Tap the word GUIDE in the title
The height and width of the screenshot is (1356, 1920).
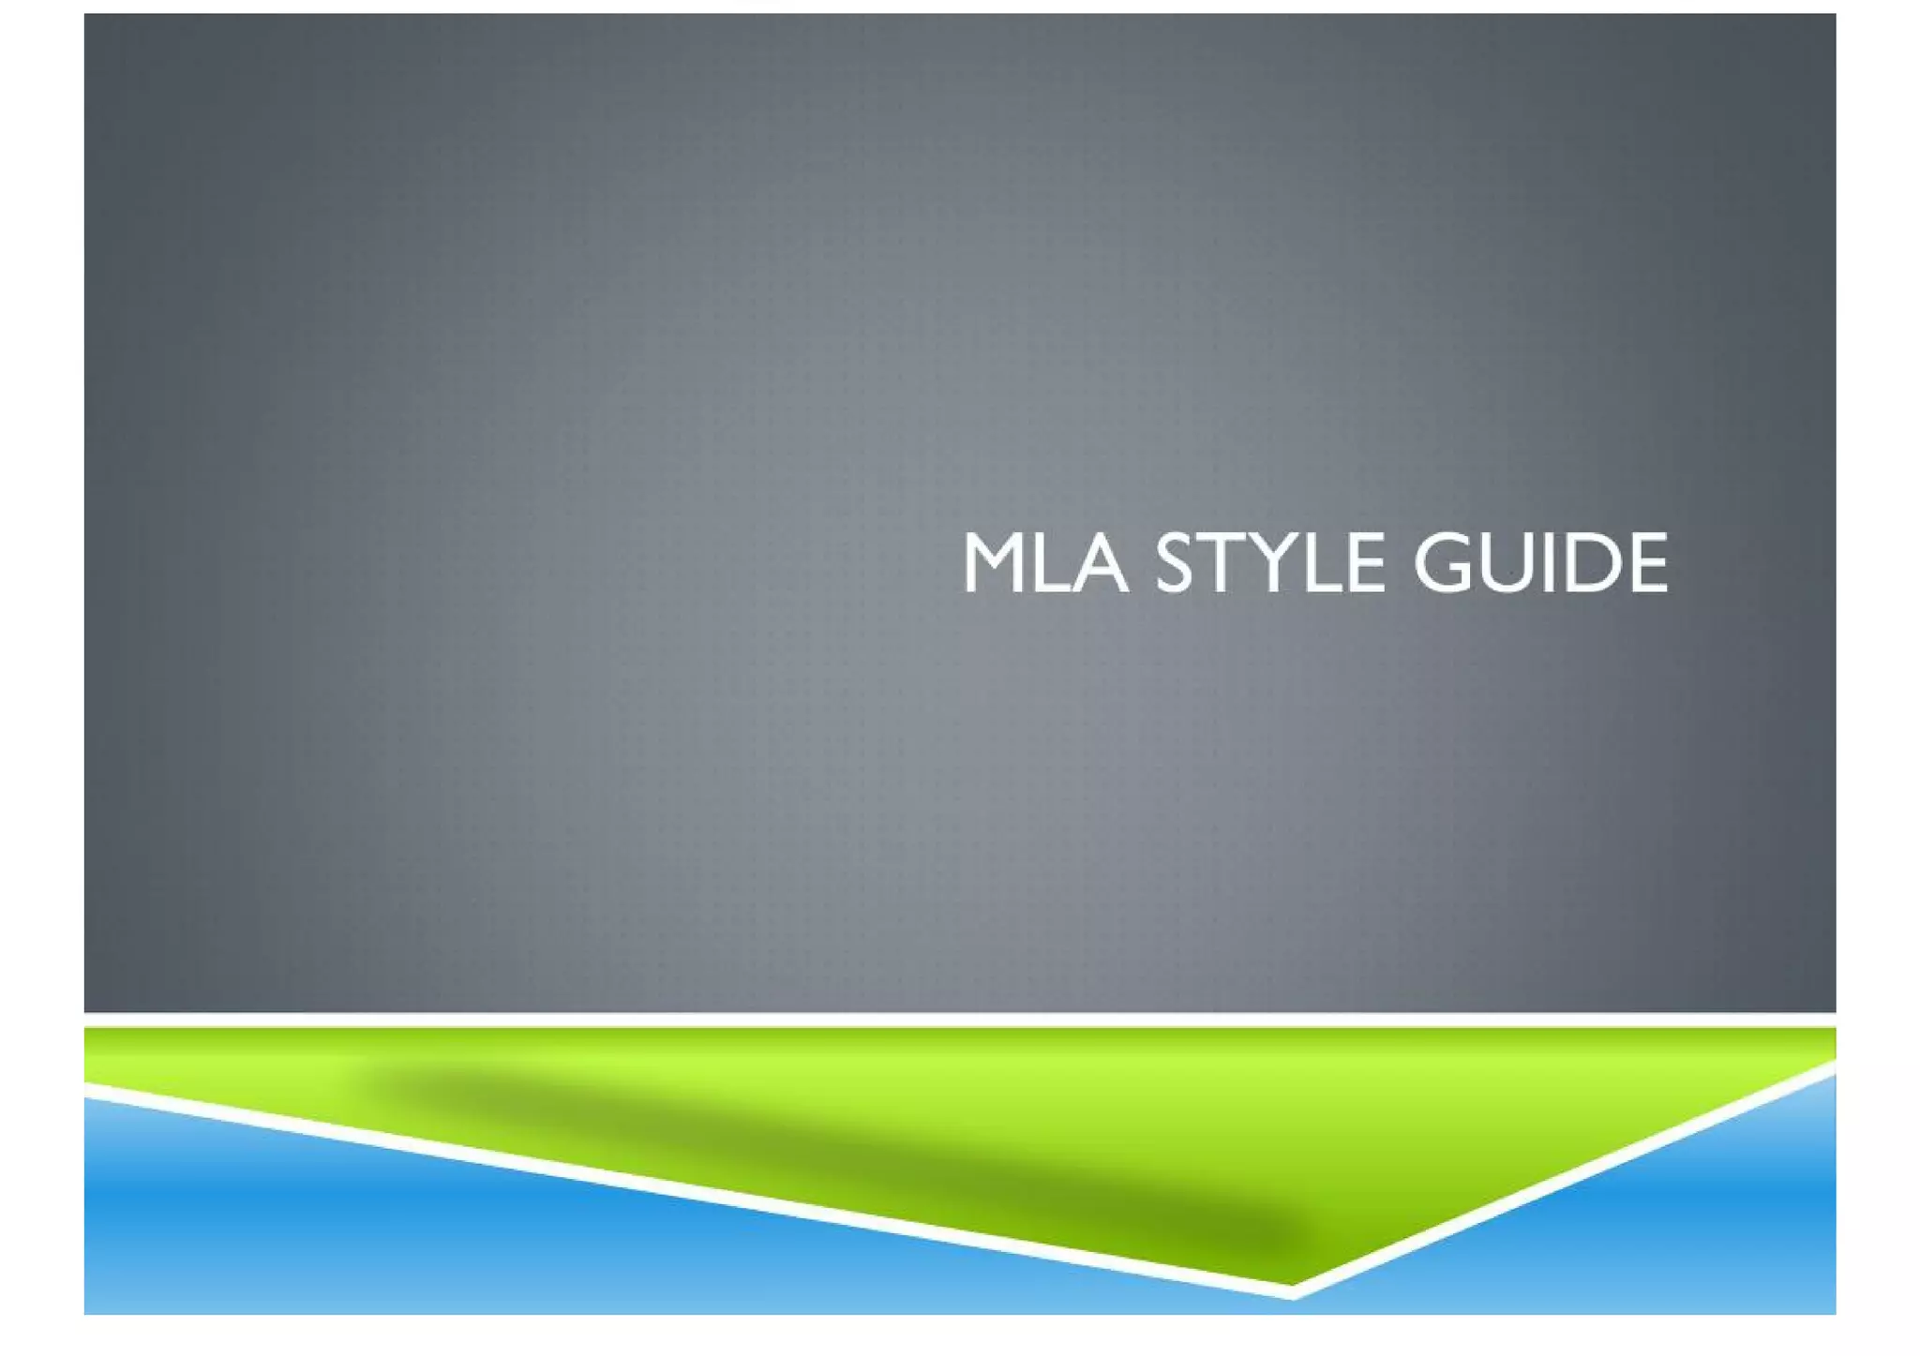(x=1540, y=563)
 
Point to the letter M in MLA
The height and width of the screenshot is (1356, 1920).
(x=996, y=563)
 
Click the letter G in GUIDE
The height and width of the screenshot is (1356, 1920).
(x=1445, y=563)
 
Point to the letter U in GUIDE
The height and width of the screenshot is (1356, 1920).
(x=1510, y=563)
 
